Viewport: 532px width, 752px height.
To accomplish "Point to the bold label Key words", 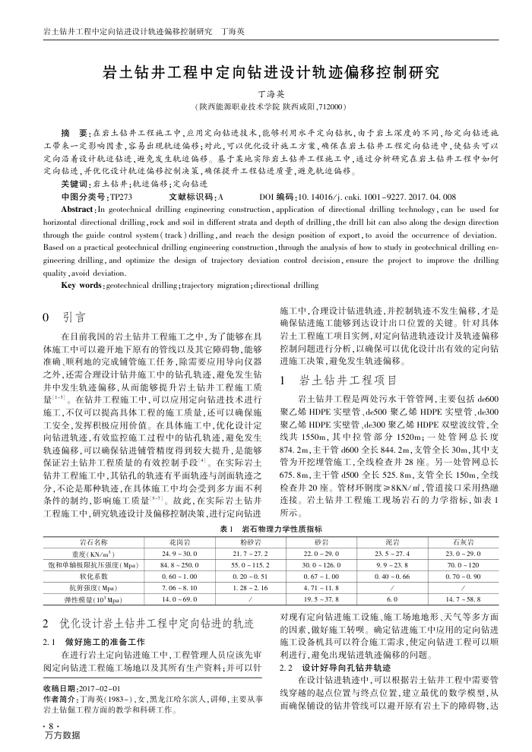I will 81,285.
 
